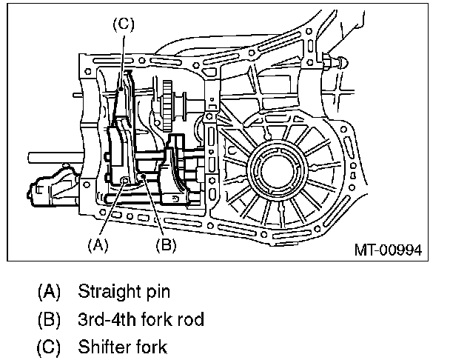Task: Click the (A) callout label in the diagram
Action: click(x=98, y=245)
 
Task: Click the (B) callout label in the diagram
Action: click(x=167, y=245)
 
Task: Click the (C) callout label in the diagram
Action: click(x=124, y=24)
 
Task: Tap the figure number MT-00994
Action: click(x=389, y=250)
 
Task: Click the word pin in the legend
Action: click(x=158, y=292)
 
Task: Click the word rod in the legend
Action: click(x=190, y=319)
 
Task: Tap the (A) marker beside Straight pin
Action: click(x=49, y=292)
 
